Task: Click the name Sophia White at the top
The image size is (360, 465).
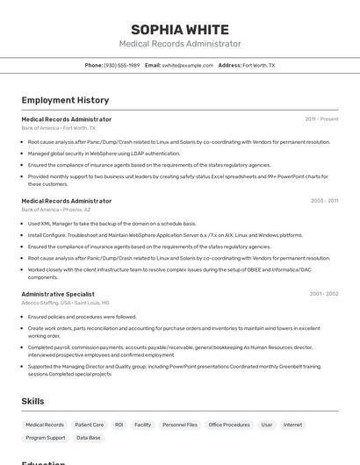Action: tap(180, 30)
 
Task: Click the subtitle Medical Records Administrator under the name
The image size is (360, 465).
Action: tap(180, 44)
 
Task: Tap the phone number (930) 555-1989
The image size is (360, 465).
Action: tap(121, 65)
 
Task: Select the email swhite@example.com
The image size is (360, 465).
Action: tap(187, 65)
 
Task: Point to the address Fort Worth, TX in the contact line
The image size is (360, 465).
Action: tap(258, 65)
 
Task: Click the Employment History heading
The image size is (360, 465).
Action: tap(65, 100)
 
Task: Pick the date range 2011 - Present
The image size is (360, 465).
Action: tap(321, 118)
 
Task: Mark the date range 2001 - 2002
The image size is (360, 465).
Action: tap(323, 294)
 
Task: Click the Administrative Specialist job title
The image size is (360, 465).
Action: tap(58, 294)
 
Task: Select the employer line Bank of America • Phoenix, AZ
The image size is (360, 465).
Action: tap(56, 210)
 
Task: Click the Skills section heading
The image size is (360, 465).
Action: tap(33, 401)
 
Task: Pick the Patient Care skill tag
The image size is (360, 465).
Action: tap(89, 425)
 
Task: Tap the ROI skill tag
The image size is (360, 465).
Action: tap(119, 425)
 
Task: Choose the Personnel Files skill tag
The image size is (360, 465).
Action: tap(180, 425)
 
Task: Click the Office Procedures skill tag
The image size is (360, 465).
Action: tap(229, 425)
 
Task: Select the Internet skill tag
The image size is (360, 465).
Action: tap(292, 425)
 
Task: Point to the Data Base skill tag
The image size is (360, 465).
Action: tap(88, 437)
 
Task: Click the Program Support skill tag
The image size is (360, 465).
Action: tap(46, 437)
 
